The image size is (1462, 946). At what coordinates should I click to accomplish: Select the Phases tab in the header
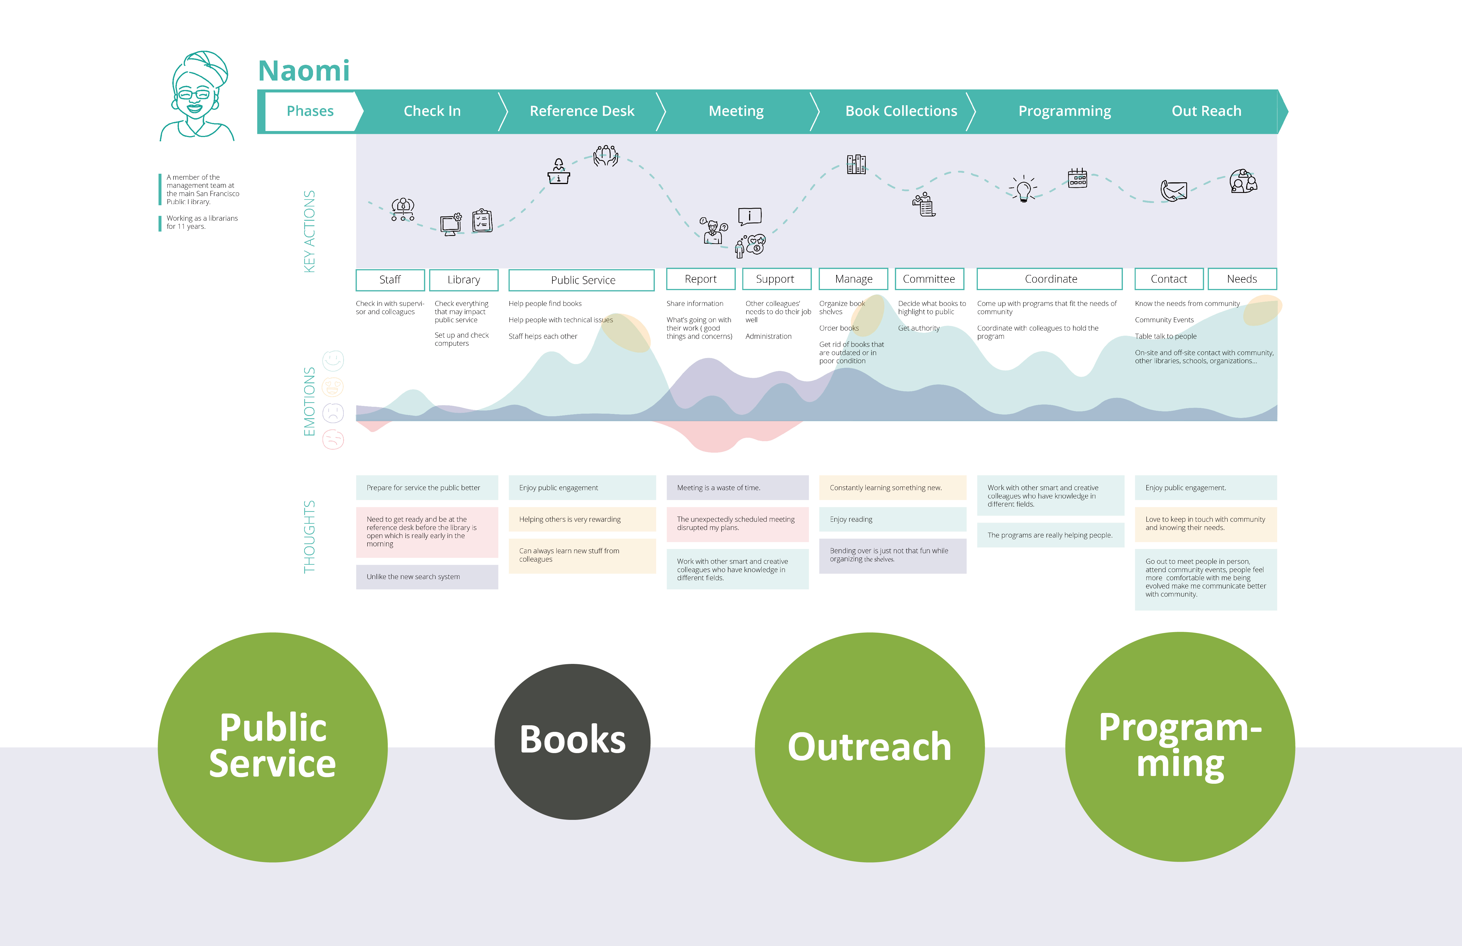pyautogui.click(x=310, y=111)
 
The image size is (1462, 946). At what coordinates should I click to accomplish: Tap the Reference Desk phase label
pyautogui.click(x=582, y=111)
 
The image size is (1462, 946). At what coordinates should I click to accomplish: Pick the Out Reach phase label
pyautogui.click(x=1206, y=111)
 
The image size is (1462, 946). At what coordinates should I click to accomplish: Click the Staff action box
pyautogui.click(x=390, y=279)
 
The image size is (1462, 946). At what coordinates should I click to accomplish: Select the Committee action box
pyautogui.click(x=929, y=279)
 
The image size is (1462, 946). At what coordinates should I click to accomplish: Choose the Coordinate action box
pyautogui.click(x=1050, y=279)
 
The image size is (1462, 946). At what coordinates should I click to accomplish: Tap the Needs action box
pyautogui.click(x=1242, y=279)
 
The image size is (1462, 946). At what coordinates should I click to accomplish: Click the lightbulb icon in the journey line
pyautogui.click(x=1023, y=189)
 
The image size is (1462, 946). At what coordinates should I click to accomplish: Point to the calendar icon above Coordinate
pyautogui.click(x=1078, y=178)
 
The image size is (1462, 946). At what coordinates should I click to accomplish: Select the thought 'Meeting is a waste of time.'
pyautogui.click(x=737, y=488)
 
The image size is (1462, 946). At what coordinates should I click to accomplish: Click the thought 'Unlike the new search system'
pyautogui.click(x=427, y=577)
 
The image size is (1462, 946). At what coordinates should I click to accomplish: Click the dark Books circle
pyautogui.click(x=572, y=741)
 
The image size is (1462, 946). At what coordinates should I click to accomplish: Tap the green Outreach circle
pyautogui.click(x=869, y=747)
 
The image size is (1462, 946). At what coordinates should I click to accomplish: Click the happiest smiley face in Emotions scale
pyautogui.click(x=333, y=361)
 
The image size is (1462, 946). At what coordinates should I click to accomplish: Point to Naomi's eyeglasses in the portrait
pyautogui.click(x=194, y=95)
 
